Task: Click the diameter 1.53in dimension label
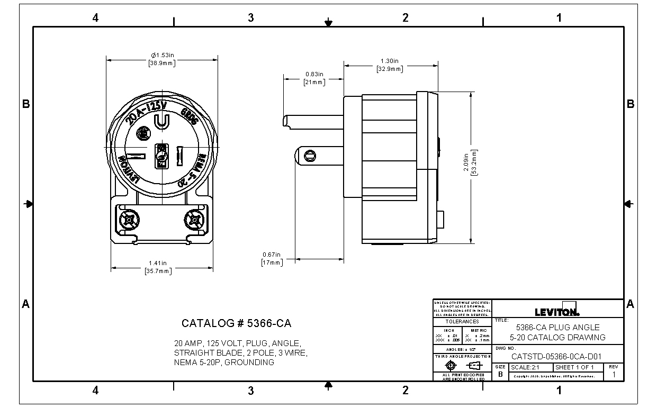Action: pyautogui.click(x=163, y=55)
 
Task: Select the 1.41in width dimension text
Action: pyautogui.click(x=158, y=263)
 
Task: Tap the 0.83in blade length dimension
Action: pyautogui.click(x=314, y=74)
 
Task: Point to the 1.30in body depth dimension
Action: pyautogui.click(x=390, y=61)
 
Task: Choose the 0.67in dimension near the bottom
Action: pyautogui.click(x=272, y=254)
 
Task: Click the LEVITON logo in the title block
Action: pyautogui.click(x=557, y=312)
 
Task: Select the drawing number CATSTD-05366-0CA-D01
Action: pyautogui.click(x=556, y=357)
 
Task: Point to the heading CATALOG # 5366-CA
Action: pyautogui.click(x=236, y=323)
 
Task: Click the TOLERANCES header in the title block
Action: pyautogui.click(x=462, y=321)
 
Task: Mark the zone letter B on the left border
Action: pyautogui.click(x=25, y=104)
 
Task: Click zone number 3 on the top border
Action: pyautogui.click(x=250, y=18)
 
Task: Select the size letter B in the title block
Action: pyautogui.click(x=500, y=374)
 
